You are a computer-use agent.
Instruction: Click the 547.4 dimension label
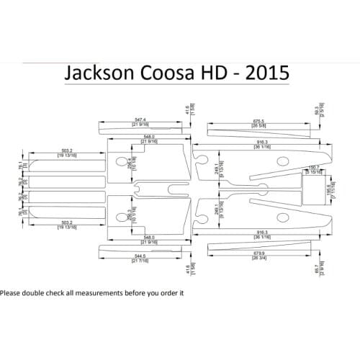[x=139, y=120]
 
